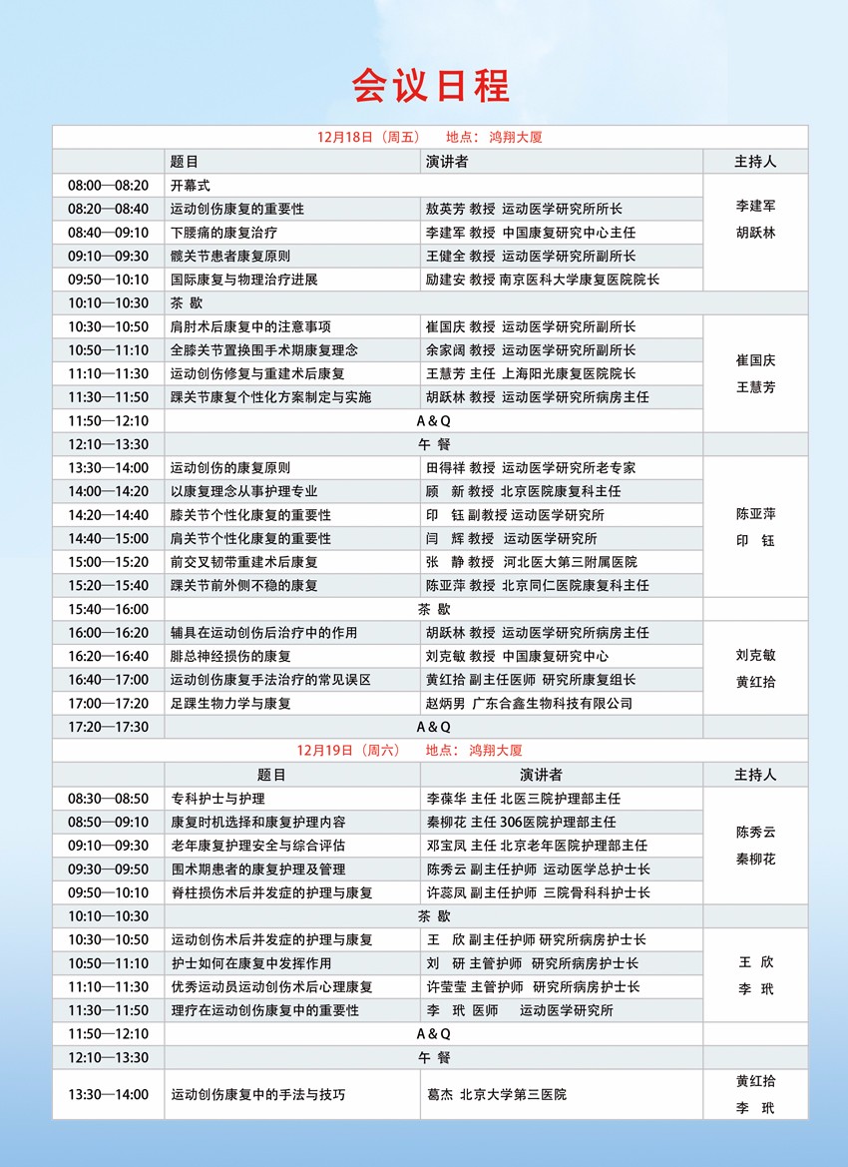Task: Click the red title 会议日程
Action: [430, 86]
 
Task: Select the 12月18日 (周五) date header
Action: [369, 137]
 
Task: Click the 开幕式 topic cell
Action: [190, 185]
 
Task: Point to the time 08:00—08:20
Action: [108, 185]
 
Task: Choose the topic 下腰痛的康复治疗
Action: [222, 232]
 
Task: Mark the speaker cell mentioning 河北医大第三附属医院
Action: [530, 562]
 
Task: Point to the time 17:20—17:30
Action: [108, 727]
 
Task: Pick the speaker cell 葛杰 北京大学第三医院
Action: [496, 1094]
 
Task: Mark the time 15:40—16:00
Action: [108, 609]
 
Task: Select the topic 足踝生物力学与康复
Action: [229, 703]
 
